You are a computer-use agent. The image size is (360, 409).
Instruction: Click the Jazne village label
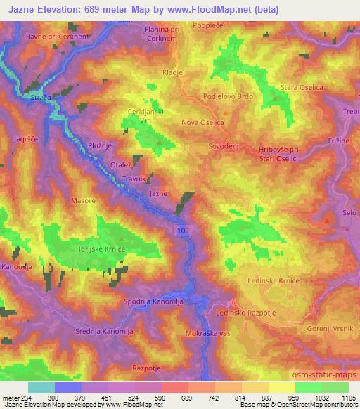click(x=158, y=193)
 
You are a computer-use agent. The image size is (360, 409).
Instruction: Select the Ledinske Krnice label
click(x=274, y=280)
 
